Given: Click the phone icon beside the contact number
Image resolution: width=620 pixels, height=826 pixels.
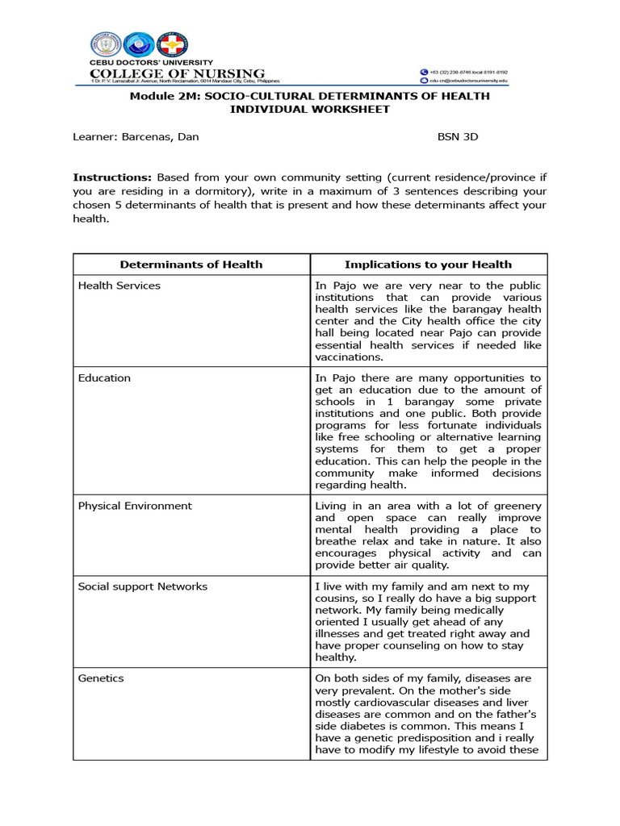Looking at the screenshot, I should pos(424,72).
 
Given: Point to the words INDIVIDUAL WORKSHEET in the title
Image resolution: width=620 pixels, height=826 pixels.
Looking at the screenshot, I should pos(310,109).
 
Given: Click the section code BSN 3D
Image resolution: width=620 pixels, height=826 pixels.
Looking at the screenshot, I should pos(458,136).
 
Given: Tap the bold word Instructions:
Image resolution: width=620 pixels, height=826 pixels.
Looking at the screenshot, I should pos(112,177).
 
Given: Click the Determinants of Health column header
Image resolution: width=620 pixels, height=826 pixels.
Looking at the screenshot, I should pos(191,264).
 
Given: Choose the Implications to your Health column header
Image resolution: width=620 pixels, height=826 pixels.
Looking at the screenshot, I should pos(428,264).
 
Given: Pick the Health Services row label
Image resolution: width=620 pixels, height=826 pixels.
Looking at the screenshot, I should pos(119,286).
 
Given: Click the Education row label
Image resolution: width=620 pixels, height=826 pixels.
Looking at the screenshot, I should pos(104,378).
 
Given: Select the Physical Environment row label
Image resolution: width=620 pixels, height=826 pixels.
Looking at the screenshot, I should pos(135,506).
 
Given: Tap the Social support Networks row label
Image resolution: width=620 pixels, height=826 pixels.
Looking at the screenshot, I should pos(142,586).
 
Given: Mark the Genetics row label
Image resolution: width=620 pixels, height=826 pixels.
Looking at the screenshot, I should pos(101,678).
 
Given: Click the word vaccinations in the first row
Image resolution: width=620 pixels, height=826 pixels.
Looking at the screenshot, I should pos(347,357).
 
